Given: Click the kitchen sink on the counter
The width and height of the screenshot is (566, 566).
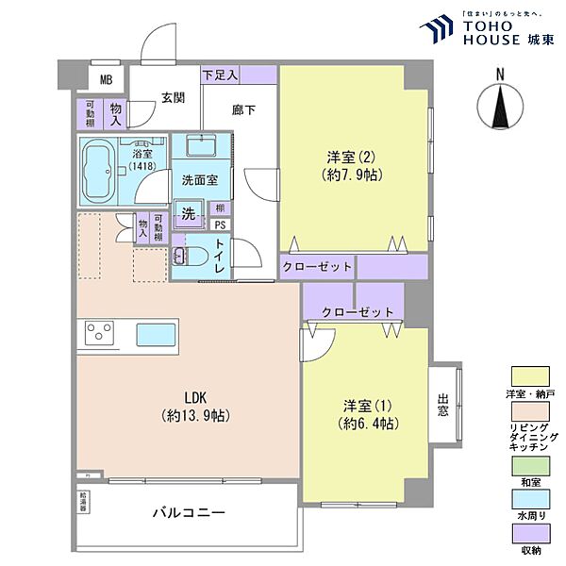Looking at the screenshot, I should (154, 335).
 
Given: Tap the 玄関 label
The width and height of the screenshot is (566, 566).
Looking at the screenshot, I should (172, 96).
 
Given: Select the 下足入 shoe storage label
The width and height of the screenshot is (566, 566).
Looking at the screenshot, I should (220, 74).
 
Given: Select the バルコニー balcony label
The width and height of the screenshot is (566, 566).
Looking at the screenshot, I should (190, 514).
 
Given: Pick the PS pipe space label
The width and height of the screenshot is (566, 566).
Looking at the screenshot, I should (219, 225).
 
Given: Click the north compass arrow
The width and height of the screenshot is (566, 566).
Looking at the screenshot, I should (500, 109).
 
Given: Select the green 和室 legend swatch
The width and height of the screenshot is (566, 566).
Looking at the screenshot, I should (529, 464).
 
